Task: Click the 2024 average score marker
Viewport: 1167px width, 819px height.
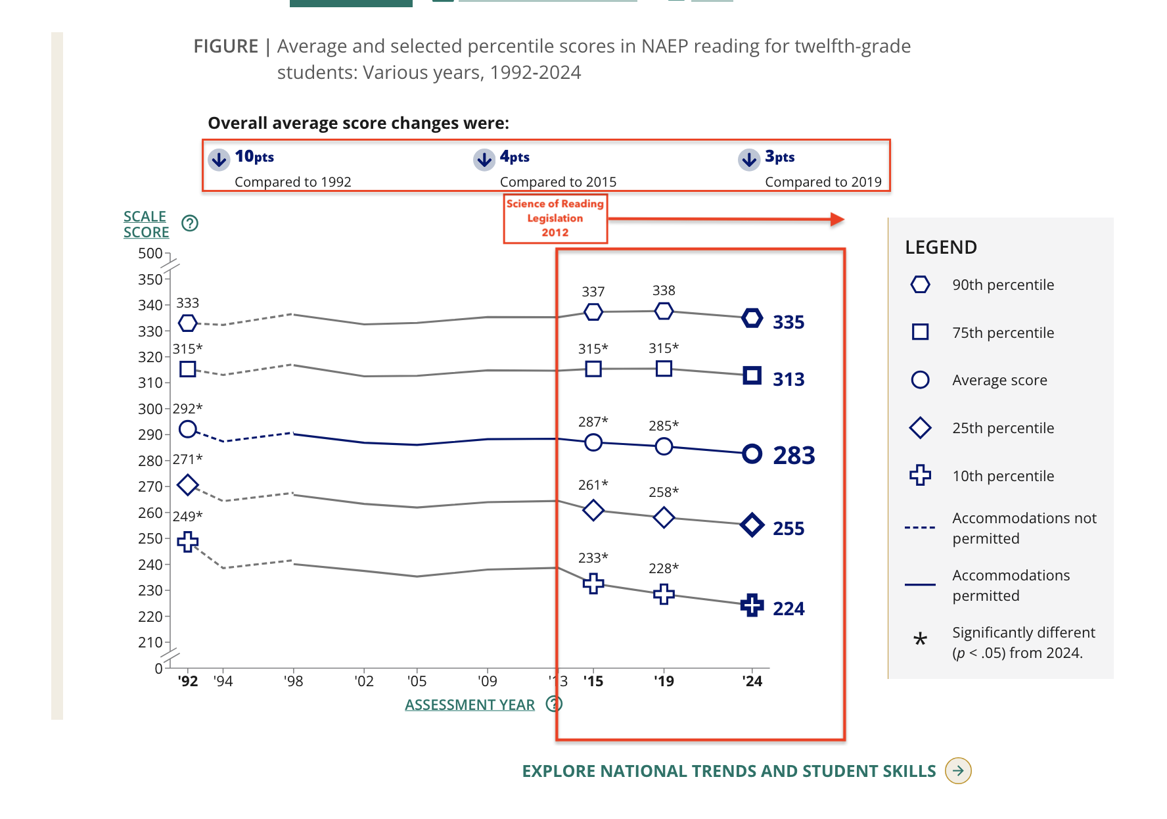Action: point(752,454)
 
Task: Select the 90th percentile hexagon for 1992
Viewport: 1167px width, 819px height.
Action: point(188,323)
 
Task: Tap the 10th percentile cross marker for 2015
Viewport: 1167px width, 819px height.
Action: point(593,583)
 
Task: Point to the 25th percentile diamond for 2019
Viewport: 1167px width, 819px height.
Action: point(664,517)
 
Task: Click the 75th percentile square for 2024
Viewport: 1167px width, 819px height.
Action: point(752,375)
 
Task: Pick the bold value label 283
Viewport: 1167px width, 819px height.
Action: point(794,456)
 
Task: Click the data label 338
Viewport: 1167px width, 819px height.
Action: point(664,291)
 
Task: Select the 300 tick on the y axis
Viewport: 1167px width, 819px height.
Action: point(150,409)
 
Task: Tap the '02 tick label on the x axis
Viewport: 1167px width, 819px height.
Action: point(364,682)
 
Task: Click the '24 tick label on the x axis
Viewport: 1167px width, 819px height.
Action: point(752,682)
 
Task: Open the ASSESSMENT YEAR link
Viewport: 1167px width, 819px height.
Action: point(470,705)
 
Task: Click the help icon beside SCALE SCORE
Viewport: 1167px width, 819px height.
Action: point(190,223)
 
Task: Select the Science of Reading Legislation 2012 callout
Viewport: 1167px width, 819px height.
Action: point(555,218)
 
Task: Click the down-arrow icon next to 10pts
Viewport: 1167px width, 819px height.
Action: point(219,159)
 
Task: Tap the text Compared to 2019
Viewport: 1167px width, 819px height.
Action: point(823,182)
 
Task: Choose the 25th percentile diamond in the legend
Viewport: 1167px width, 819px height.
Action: point(920,428)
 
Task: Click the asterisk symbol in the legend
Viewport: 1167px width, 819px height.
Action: point(920,639)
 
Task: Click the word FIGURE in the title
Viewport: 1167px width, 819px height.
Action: point(226,47)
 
